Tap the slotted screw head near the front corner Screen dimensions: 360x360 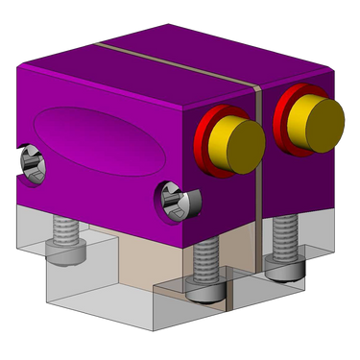175,203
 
